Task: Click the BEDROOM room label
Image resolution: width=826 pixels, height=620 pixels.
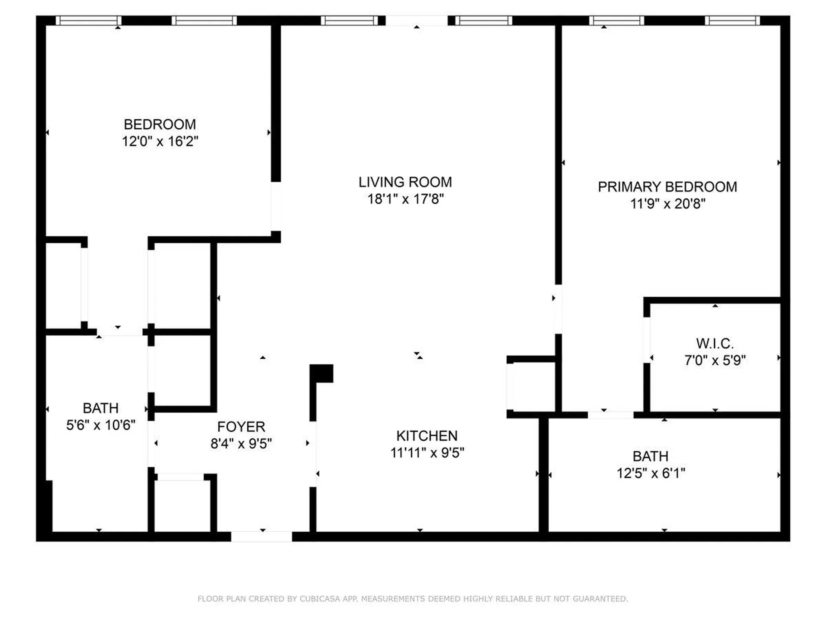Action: pyautogui.click(x=160, y=124)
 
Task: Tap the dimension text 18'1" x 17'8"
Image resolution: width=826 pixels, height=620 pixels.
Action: pyautogui.click(x=405, y=199)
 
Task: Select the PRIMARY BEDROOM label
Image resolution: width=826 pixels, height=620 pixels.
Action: pyautogui.click(x=667, y=187)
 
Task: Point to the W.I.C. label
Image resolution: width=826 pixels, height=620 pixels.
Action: pyautogui.click(x=715, y=344)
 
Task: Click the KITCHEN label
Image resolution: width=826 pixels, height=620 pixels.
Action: pyautogui.click(x=427, y=436)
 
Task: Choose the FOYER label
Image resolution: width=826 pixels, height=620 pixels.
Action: pyautogui.click(x=241, y=427)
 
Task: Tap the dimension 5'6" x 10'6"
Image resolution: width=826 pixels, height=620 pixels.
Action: pyautogui.click(x=101, y=425)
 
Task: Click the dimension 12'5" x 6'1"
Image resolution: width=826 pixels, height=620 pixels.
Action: pyautogui.click(x=650, y=473)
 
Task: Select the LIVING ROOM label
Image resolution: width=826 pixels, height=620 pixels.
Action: pyautogui.click(x=405, y=182)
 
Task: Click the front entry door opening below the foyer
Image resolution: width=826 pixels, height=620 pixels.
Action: pyautogui.click(x=262, y=536)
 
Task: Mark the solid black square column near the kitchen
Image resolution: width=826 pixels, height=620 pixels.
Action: pyautogui.click(x=322, y=373)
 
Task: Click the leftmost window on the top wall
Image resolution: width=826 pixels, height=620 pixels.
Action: pyautogui.click(x=89, y=21)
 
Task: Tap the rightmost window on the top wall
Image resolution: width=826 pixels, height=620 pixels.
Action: pyautogui.click(x=732, y=21)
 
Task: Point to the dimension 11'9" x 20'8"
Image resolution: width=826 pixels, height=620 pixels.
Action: pyautogui.click(x=667, y=204)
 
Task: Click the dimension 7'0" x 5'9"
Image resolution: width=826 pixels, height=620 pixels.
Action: pyautogui.click(x=715, y=360)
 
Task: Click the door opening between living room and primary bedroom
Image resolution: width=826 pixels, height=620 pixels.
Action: pyautogui.click(x=558, y=309)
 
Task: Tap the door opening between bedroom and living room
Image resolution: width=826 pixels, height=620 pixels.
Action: pyautogui.click(x=276, y=206)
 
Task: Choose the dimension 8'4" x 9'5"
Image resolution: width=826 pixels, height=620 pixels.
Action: pyautogui.click(x=241, y=443)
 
